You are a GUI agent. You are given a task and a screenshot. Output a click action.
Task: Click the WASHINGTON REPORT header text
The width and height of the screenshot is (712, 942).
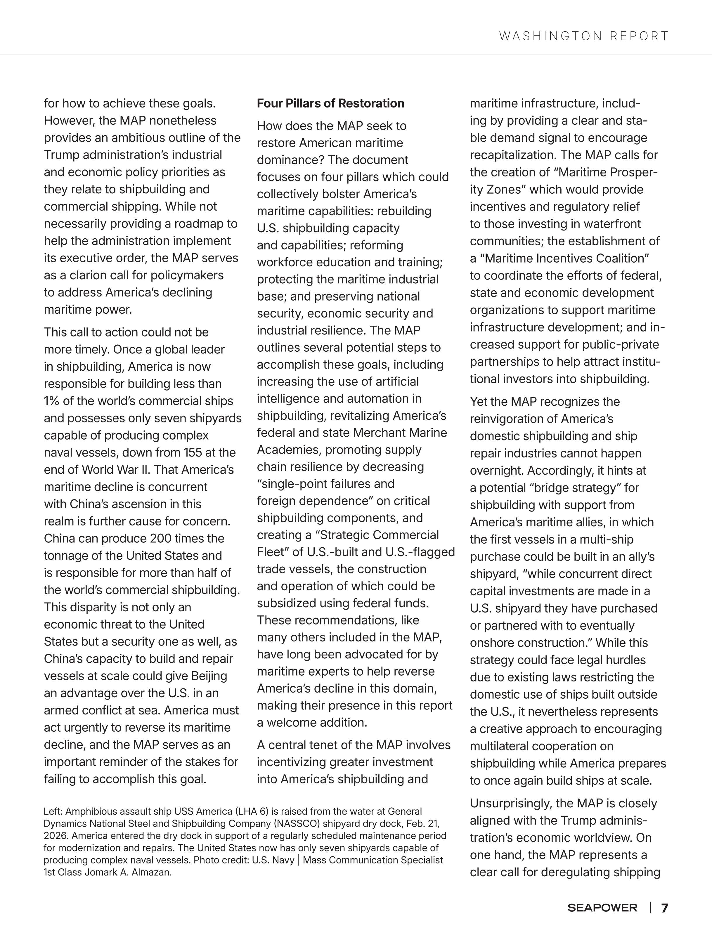point(584,36)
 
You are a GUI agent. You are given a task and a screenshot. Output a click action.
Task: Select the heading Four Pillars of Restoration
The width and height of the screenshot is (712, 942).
point(330,103)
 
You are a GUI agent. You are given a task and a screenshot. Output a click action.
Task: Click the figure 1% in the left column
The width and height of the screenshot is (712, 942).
point(52,401)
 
